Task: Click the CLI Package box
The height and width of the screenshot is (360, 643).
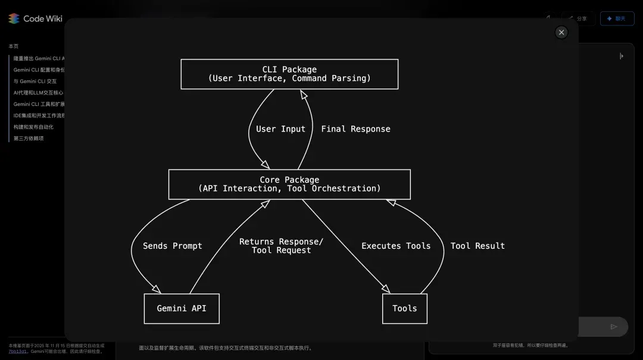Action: [x=289, y=74]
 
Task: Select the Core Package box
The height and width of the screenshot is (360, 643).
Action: [x=289, y=184]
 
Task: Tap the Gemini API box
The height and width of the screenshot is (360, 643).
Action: [x=182, y=308]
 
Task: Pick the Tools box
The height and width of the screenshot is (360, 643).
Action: [x=404, y=308]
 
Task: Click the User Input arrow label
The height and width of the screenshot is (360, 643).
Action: [x=280, y=129]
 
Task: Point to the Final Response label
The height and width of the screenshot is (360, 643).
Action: [x=355, y=129]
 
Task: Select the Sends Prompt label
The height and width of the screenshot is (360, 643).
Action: [x=173, y=246]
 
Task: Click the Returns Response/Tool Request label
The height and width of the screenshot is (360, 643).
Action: [x=281, y=246]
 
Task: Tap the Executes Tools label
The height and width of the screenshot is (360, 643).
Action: [x=396, y=246]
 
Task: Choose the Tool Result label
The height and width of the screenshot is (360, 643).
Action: [x=477, y=246]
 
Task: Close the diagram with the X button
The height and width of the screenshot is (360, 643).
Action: [x=561, y=32]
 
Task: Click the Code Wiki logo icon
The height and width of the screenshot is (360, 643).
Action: [x=14, y=18]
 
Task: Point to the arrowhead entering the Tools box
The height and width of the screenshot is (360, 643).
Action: [x=386, y=289]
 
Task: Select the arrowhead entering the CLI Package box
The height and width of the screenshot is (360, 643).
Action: [x=303, y=93]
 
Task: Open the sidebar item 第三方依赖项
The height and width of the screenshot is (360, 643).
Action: [x=29, y=139]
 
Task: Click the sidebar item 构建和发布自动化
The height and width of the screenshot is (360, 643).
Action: [x=33, y=127]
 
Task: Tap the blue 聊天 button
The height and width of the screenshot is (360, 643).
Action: [x=617, y=18]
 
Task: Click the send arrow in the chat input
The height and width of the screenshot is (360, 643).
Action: [x=614, y=327]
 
